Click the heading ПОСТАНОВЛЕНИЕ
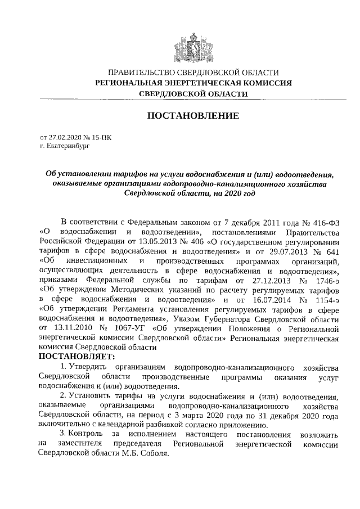coord(192,116)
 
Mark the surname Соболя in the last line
coord(154,455)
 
